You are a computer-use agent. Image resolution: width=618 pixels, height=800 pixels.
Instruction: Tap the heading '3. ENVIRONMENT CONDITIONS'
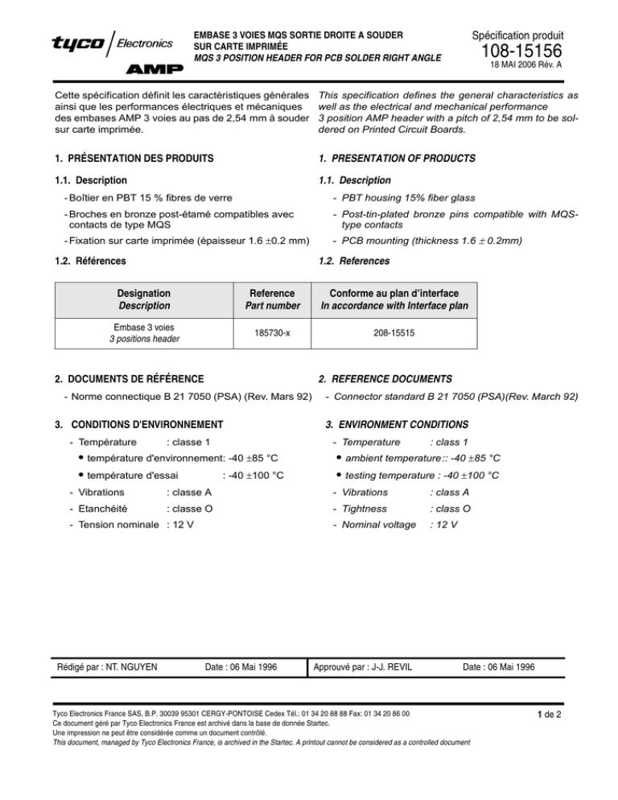(x=392, y=423)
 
